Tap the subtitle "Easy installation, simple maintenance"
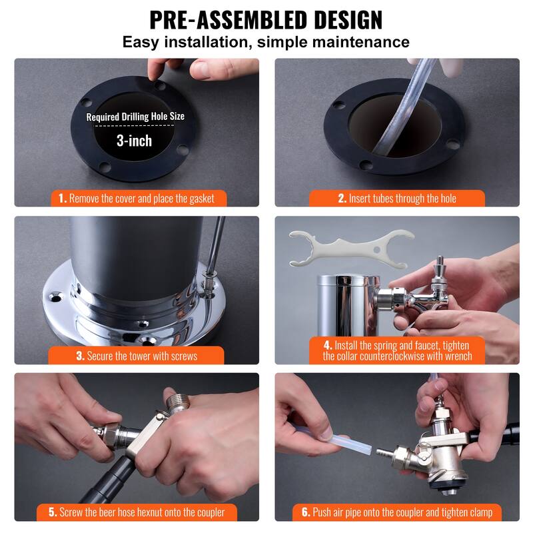coord(266,42)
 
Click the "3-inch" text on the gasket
coord(135,140)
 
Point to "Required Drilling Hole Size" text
coord(135,117)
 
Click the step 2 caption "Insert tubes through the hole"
coord(396,198)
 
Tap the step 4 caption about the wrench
coord(397,350)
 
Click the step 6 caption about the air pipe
coord(397,512)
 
